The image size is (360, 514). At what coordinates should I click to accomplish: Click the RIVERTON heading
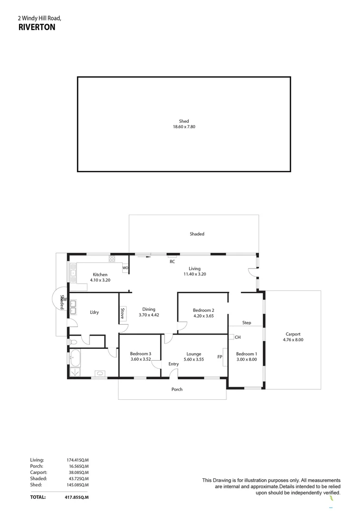pyautogui.click(x=37, y=28)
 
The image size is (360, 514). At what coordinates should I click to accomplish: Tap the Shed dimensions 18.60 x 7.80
pyautogui.click(x=184, y=127)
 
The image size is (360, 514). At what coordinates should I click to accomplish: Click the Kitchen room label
pyautogui.click(x=100, y=275)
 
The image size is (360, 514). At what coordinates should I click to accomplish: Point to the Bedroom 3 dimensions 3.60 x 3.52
pyautogui.click(x=140, y=359)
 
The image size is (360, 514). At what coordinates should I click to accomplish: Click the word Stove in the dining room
pyautogui.click(x=123, y=313)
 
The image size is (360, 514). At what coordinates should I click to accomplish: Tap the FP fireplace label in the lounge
pyautogui.click(x=220, y=356)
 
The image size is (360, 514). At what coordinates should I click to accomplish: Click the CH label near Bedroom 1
pyautogui.click(x=238, y=337)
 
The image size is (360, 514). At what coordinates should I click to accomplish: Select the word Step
pyautogui.click(x=246, y=323)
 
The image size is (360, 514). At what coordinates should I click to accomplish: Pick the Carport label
pyautogui.click(x=293, y=334)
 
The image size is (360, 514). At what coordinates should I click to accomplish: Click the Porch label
pyautogui.click(x=177, y=389)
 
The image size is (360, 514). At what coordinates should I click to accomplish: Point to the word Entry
pyautogui.click(x=174, y=364)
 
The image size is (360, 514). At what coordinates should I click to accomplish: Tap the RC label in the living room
pyautogui.click(x=172, y=261)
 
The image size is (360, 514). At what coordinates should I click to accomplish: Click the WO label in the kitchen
pyautogui.click(x=126, y=268)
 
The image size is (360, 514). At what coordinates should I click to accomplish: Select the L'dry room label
pyautogui.click(x=94, y=313)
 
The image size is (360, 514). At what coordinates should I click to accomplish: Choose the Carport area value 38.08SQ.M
pyautogui.click(x=78, y=473)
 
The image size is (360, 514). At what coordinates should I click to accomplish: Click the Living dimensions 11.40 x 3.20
pyautogui.click(x=195, y=274)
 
